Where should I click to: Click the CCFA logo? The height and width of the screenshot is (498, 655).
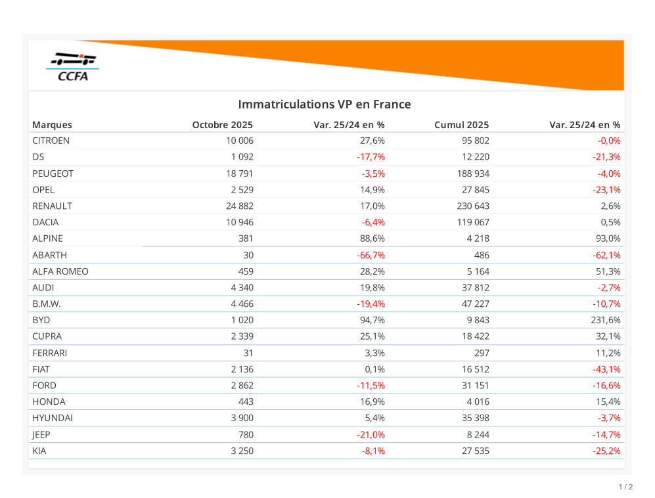tap(73, 67)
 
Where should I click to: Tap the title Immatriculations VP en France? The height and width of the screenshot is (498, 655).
tap(324, 104)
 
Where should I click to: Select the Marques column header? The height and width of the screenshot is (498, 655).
tap(52, 125)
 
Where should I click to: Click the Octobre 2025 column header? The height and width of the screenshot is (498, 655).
tap(222, 125)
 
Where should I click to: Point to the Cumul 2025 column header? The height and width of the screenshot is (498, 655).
tap(461, 125)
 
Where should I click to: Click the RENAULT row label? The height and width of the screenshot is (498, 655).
tap(52, 206)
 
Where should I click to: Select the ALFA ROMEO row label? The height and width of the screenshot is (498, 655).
tap(60, 271)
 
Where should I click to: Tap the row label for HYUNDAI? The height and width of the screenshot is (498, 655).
tap(53, 418)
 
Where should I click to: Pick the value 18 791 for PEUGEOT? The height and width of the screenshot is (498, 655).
tap(239, 173)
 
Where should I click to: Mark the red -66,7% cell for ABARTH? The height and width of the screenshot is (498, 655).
tap(371, 255)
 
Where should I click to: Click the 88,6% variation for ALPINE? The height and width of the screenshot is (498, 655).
tap(372, 238)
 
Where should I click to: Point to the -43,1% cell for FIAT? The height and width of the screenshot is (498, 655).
tap(606, 369)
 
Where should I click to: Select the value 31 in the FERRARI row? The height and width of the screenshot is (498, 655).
tap(247, 353)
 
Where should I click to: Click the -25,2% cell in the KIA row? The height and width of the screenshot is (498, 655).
tap(606, 451)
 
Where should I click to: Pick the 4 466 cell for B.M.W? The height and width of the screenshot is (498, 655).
tap(242, 304)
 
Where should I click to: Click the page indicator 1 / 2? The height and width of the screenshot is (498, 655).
tap(625, 487)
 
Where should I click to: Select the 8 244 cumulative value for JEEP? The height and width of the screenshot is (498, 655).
tap(475, 434)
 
